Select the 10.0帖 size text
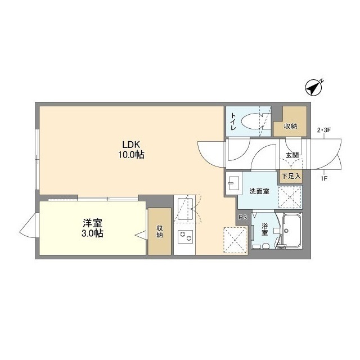pos(131,154)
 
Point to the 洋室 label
pos(90,223)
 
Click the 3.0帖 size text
pos(90,233)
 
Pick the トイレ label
pos(233,121)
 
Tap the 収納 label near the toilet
pos(290,127)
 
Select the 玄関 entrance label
pos(292,155)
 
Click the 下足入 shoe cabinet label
pos(291,176)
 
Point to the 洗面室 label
pos(259,191)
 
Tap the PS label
pos(242,217)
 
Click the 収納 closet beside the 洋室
pos(160,231)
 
